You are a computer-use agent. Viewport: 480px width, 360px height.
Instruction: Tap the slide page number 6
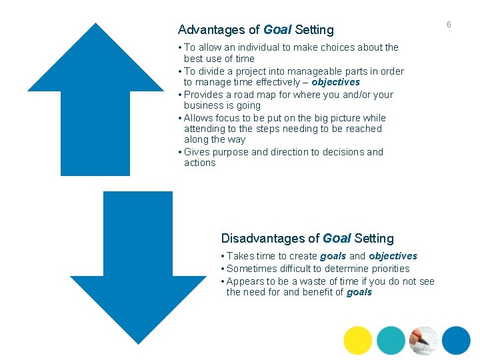[x=449, y=25]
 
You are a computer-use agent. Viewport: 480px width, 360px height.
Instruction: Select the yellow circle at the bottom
[x=358, y=340]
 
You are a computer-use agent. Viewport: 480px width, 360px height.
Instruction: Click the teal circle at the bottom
[x=391, y=340]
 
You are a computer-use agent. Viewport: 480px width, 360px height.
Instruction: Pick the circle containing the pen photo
[x=424, y=340]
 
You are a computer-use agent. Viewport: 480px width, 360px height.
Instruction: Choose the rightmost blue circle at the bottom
[x=456, y=340]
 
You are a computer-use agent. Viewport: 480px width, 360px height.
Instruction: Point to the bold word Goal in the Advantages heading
[x=277, y=30]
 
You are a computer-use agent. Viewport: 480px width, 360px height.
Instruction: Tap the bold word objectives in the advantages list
[x=335, y=82]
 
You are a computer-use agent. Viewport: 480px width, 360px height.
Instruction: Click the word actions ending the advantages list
[x=199, y=163]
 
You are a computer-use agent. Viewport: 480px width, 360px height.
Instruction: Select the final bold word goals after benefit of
[x=359, y=292]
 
